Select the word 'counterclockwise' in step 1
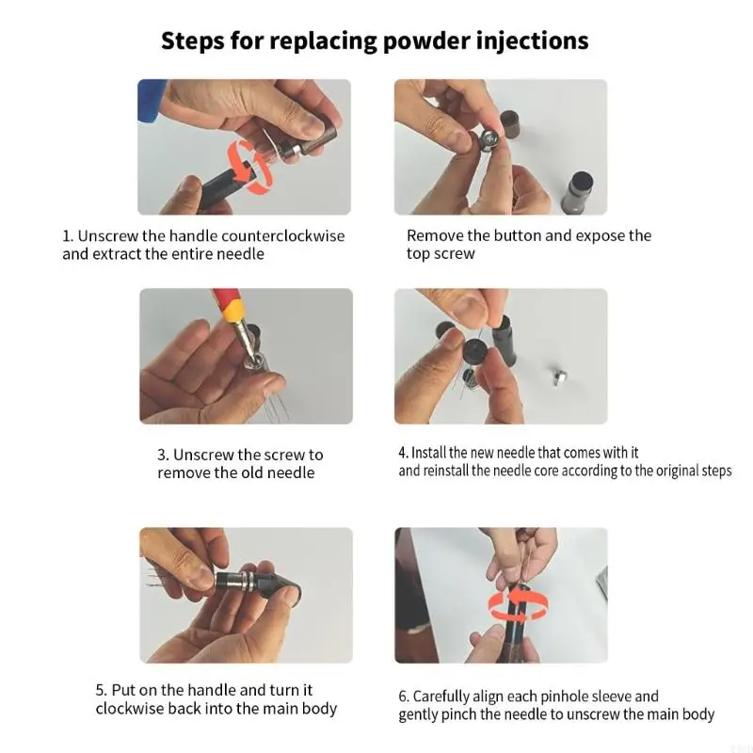(x=283, y=236)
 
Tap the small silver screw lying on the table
(x=558, y=377)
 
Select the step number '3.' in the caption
(x=163, y=455)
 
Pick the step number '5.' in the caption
(x=101, y=690)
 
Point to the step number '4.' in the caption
(x=403, y=453)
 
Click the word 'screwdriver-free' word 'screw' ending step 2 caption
(x=454, y=253)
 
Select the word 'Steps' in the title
(x=193, y=40)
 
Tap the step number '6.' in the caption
(x=404, y=697)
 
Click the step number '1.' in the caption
(x=68, y=236)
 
